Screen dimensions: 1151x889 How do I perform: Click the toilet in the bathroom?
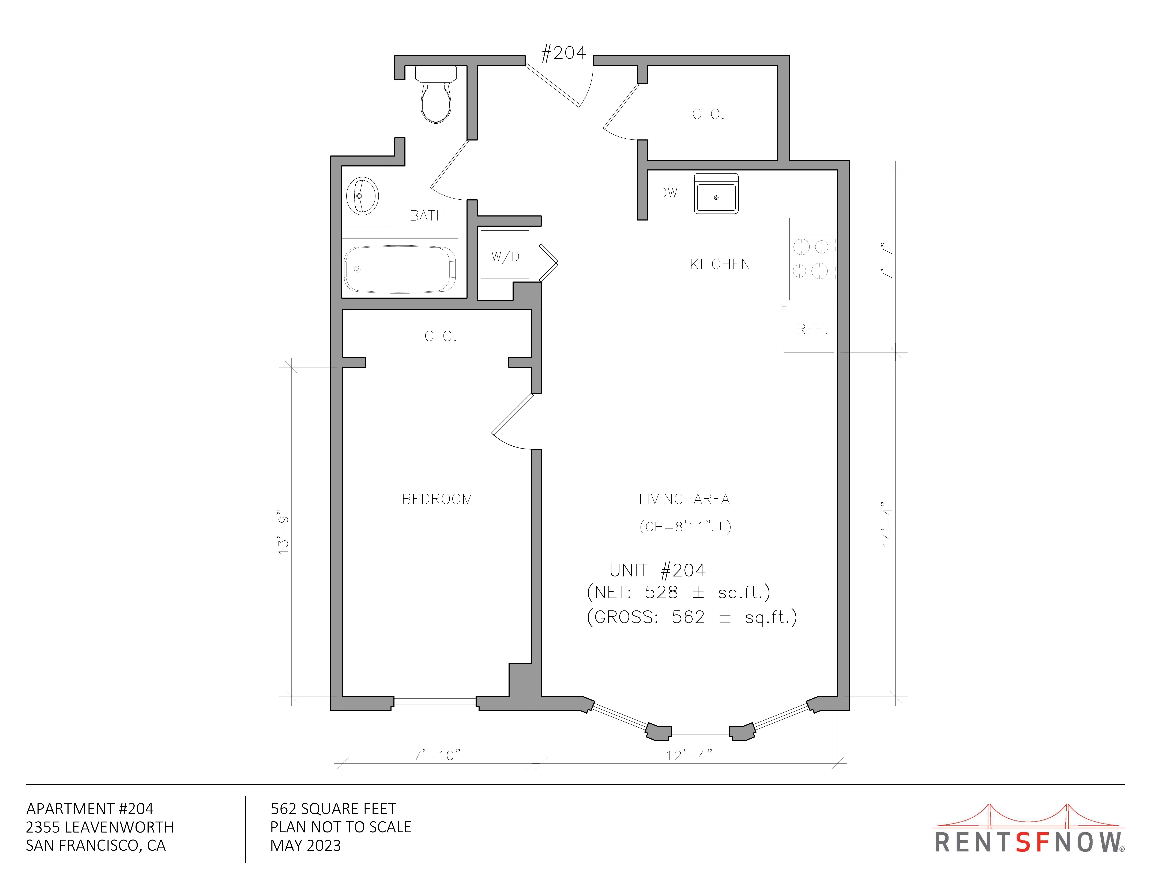[436, 95]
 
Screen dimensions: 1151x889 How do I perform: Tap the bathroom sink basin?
[363, 196]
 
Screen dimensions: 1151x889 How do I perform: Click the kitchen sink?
[716, 194]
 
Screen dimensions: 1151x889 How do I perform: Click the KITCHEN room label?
[720, 264]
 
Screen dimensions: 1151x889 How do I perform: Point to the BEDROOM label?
[437, 499]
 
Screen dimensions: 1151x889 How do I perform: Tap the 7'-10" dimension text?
[437, 755]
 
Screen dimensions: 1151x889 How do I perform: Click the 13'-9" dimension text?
[284, 532]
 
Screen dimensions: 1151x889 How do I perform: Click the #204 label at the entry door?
[563, 53]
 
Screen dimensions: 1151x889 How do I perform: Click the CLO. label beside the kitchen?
[708, 114]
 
